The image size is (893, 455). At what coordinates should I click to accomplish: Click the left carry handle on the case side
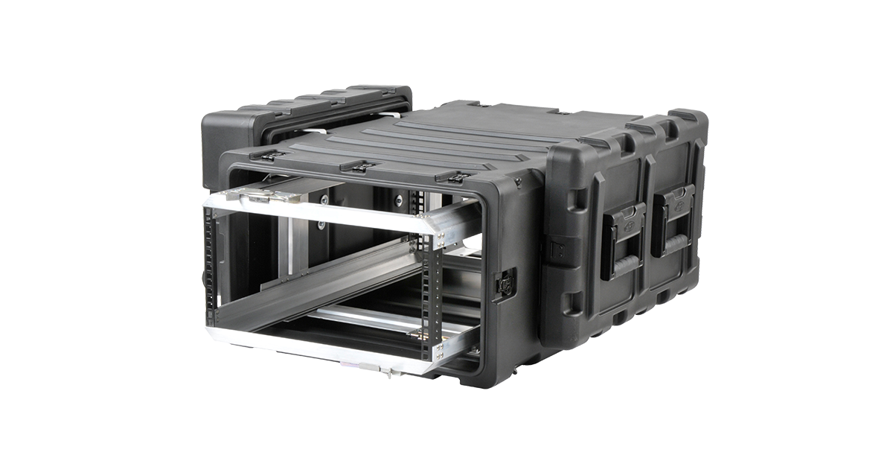(x=624, y=240)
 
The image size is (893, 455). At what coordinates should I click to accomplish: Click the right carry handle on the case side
(x=673, y=221)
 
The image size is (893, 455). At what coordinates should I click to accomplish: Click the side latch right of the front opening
(x=505, y=284)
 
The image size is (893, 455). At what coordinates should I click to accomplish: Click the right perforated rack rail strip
(x=426, y=298)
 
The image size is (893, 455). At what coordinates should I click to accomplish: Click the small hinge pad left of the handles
(x=555, y=249)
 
